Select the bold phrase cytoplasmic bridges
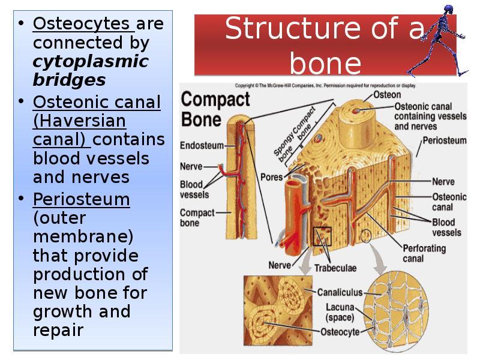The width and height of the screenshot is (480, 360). [90, 71]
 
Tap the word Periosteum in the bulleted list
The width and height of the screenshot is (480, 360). [82, 200]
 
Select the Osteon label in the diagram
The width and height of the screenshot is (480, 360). [388, 95]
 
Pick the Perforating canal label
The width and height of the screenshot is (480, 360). [424, 253]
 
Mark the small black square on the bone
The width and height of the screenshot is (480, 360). [321, 236]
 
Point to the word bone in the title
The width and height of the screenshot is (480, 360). [326, 62]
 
